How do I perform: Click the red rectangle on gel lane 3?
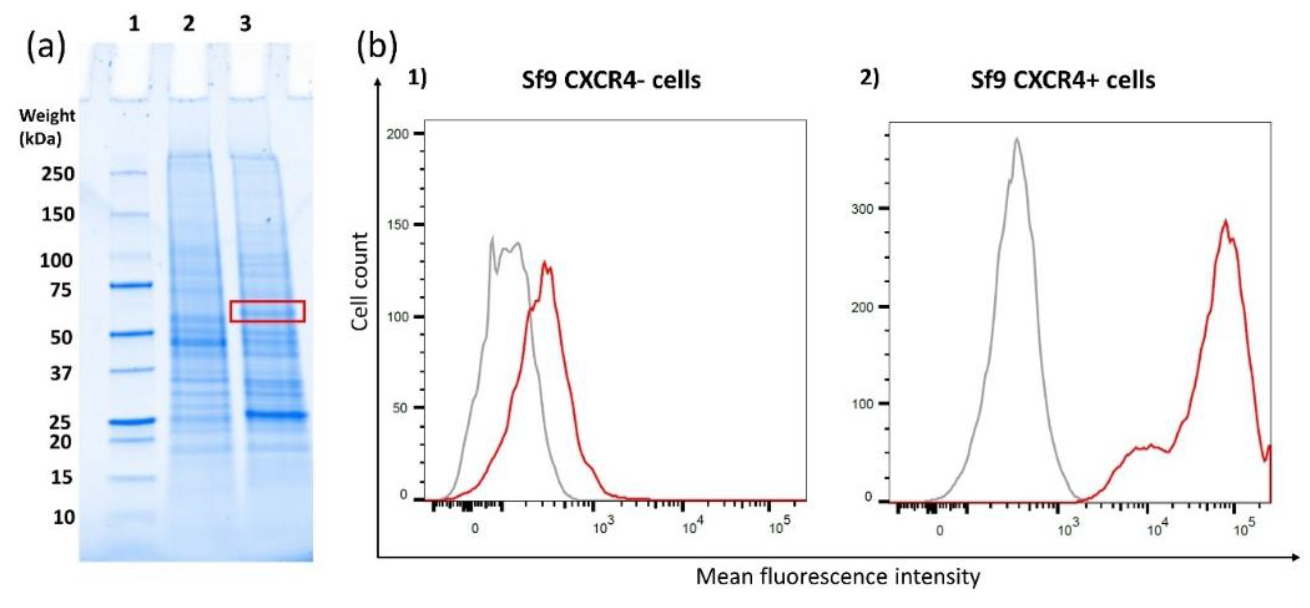[267, 311]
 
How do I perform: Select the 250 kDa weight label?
[58, 174]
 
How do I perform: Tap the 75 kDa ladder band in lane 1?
[131, 285]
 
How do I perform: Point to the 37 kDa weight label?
[60, 373]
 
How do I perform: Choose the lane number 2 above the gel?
[189, 24]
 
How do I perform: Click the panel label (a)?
[45, 47]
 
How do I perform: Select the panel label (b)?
[377, 47]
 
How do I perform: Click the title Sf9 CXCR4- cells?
[611, 80]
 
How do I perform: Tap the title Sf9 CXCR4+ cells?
[1063, 80]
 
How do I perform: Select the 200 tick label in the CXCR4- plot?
[397, 134]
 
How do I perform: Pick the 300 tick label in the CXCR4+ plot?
[862, 209]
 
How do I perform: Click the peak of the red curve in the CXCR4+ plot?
[1225, 222]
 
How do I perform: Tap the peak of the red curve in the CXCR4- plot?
[545, 263]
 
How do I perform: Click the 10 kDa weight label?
[64, 517]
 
